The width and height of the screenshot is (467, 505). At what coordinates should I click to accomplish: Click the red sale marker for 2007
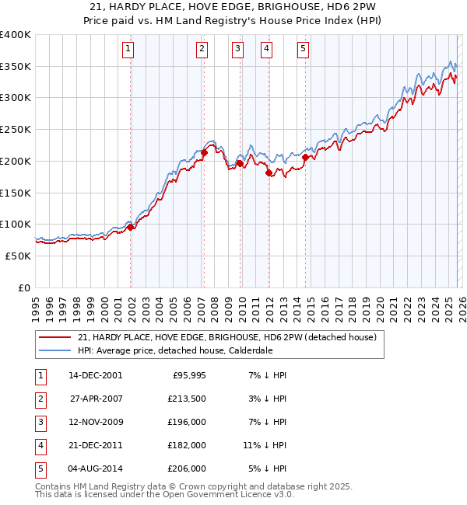pos(204,153)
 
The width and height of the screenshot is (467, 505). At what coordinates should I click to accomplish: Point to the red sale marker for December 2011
pos(269,173)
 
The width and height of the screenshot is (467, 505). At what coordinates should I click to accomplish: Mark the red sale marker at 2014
pos(305,158)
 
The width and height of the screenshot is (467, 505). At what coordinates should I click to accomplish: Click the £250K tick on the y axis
pos(16,130)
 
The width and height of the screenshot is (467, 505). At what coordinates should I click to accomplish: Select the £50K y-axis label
pos(18,256)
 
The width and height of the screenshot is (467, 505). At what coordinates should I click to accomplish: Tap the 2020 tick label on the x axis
pos(379,302)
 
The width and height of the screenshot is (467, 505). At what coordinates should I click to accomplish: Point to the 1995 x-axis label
pos(36,302)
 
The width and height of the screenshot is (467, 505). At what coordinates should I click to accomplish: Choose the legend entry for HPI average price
pos(174,350)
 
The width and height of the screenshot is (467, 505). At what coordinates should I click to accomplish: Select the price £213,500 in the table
pos(188,399)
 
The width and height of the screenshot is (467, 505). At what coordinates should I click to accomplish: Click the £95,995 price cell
pos(188,375)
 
